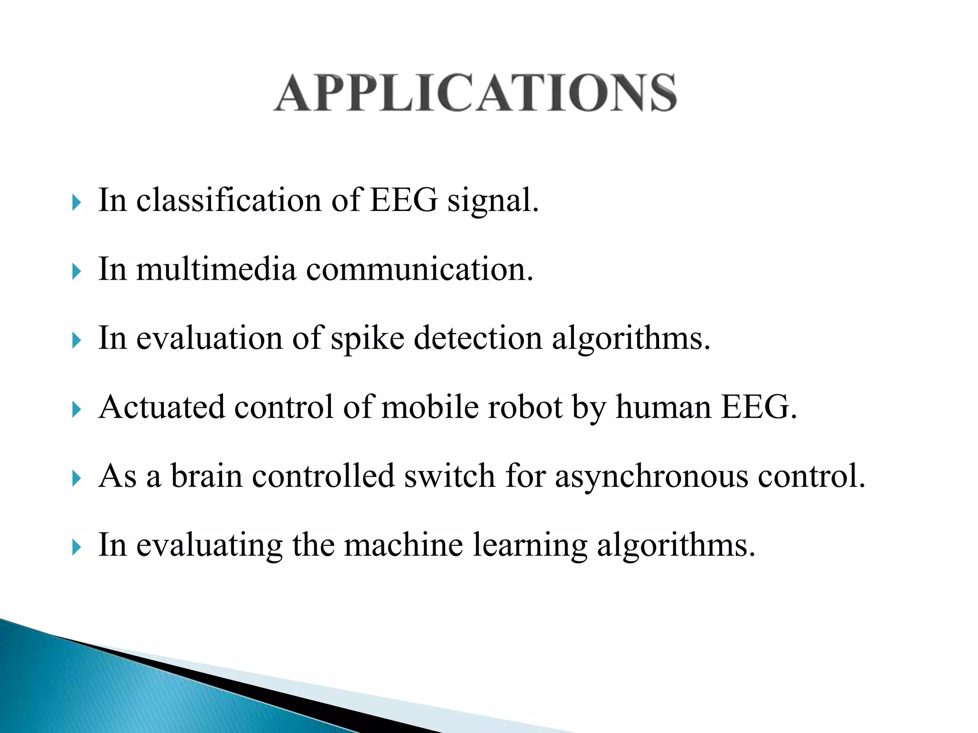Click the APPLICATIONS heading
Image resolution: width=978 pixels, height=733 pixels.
[x=475, y=93]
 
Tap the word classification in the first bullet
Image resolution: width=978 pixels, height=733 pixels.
[x=229, y=200]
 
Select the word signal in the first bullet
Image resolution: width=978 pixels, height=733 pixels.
[x=492, y=201]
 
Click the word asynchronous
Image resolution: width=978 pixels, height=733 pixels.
[x=651, y=477]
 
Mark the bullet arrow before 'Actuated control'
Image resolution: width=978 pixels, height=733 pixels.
[x=76, y=409]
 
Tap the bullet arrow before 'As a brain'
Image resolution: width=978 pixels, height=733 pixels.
[x=76, y=478]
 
